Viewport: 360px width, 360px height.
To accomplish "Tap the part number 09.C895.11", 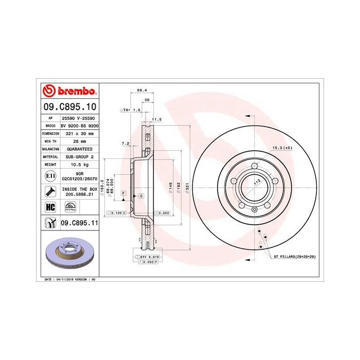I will [x=79, y=223].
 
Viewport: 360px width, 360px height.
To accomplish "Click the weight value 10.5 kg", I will [x=79, y=164].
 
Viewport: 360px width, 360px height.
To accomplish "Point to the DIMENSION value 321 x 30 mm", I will [x=80, y=133].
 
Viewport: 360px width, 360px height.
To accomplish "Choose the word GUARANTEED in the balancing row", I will [x=80, y=148].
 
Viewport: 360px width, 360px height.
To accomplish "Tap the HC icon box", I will [x=50, y=207].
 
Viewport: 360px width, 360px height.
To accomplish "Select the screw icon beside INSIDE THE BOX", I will [x=50, y=192].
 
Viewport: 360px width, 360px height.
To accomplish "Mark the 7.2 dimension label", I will [x=125, y=143].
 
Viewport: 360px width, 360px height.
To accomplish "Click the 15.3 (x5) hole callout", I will [x=282, y=148].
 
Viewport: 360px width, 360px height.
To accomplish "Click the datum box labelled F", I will [x=123, y=193].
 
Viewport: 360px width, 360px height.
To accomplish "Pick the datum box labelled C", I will [x=140, y=196].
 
